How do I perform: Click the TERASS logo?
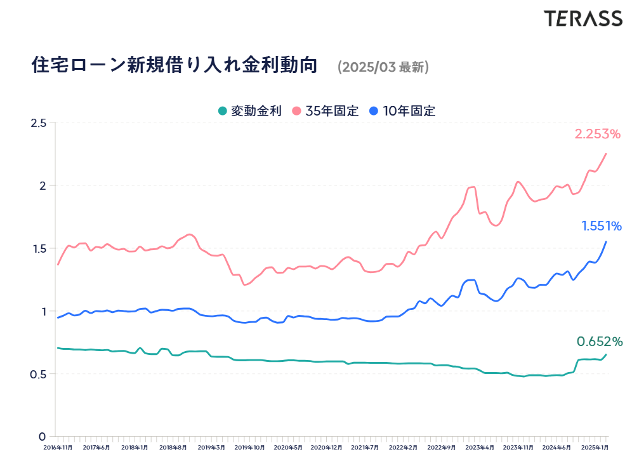[x=583, y=18]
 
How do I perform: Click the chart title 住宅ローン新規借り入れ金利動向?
[x=174, y=65]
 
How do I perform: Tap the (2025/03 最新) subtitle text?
[x=383, y=67]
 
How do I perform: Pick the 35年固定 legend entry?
[x=326, y=110]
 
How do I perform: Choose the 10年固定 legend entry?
[x=402, y=110]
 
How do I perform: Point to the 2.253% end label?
[x=597, y=134]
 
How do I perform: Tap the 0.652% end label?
[x=600, y=342]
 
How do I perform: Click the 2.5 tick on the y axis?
[x=39, y=123]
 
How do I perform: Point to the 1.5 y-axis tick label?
[x=39, y=249]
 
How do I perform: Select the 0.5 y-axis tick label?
[x=39, y=374]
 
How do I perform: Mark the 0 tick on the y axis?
[x=43, y=437]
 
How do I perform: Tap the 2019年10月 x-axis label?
[x=249, y=448]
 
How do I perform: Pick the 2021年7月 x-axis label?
[x=365, y=448]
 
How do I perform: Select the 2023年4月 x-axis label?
[x=480, y=448]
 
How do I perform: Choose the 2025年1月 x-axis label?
[x=595, y=448]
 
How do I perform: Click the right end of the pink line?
[x=606, y=154]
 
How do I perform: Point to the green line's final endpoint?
[x=606, y=355]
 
